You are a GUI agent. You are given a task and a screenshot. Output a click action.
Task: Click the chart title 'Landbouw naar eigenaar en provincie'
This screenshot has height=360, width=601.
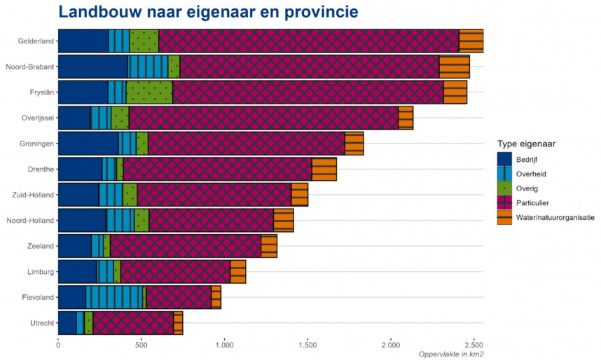[208, 12]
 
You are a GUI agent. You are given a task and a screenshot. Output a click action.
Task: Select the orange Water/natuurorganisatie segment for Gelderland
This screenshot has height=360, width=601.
[471, 41]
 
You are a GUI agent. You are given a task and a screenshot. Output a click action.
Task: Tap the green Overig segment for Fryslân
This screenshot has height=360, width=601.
[149, 92]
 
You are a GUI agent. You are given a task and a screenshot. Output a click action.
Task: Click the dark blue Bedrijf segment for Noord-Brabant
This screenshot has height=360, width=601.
[92, 67]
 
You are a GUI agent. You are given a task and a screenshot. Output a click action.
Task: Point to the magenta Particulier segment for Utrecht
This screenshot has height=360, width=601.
[133, 323]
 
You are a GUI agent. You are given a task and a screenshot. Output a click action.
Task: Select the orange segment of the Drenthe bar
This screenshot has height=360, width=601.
[324, 169]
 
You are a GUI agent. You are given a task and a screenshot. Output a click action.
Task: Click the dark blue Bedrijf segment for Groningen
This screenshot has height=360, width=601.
[88, 144]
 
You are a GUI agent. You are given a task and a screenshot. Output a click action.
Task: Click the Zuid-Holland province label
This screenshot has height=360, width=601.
[32, 195]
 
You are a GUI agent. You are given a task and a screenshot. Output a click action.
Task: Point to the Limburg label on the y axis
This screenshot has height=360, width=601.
[39, 272]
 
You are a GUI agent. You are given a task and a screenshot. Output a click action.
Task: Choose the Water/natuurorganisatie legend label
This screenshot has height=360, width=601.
[555, 218]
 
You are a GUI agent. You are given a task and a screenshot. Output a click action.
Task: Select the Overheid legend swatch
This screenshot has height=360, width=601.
[504, 174]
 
